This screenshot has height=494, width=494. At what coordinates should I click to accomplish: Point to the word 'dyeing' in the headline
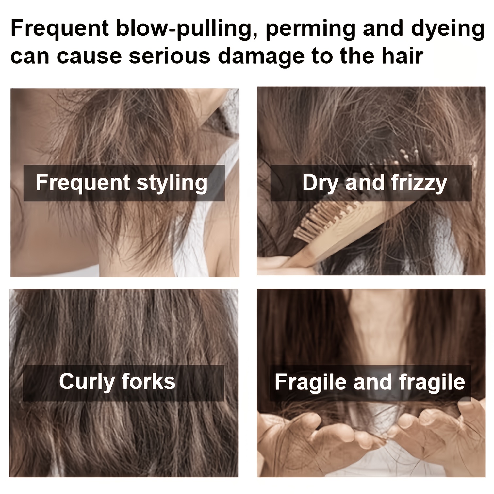point(448,29)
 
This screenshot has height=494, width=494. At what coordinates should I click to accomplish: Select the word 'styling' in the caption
point(172,183)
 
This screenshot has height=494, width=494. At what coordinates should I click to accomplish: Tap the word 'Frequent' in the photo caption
point(83,183)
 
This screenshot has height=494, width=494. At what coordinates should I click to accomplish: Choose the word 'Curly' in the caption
point(87,382)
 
